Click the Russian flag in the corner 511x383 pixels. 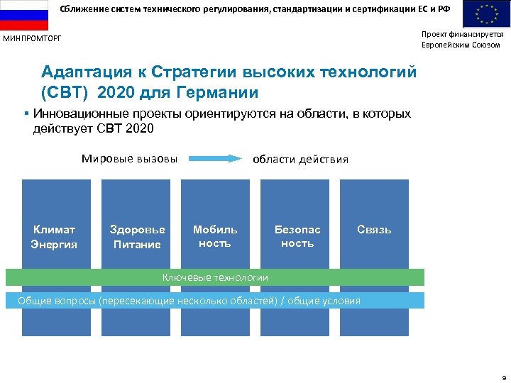point(23,15)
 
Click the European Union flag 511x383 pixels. point(486,15)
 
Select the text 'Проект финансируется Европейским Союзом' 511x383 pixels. point(462,39)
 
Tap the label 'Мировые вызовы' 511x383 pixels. point(129,158)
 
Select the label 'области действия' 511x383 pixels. point(301,159)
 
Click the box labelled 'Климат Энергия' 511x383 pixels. point(54,237)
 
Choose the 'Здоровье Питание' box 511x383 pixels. point(137,237)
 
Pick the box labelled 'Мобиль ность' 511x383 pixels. point(215,236)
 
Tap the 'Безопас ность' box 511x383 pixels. point(297,236)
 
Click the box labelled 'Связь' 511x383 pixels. point(374,230)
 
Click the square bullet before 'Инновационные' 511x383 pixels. point(26,114)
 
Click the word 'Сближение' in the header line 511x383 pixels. point(79,8)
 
